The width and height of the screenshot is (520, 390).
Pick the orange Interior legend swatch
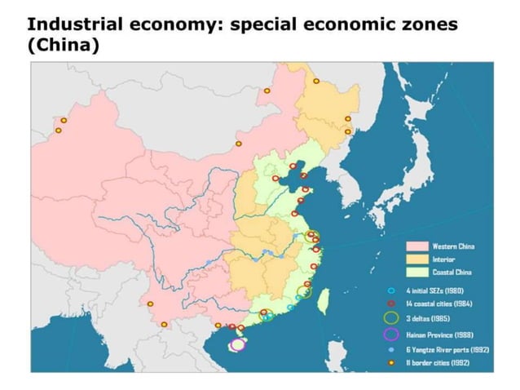pyautogui.click(x=417, y=259)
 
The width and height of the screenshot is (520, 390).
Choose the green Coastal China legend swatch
pyautogui.click(x=417, y=271)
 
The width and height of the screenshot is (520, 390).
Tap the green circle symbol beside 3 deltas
pyautogui.click(x=390, y=317)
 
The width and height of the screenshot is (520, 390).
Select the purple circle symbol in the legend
pyautogui.click(x=390, y=333)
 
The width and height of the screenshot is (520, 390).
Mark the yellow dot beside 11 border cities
pyautogui.click(x=390, y=361)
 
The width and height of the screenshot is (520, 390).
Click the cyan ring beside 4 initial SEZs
pyautogui.click(x=390, y=290)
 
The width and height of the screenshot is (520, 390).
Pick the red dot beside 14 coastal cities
pyautogui.click(x=390, y=303)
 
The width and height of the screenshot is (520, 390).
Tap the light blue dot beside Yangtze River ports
pyautogui.click(x=390, y=348)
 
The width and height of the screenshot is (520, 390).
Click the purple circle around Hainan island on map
pyautogui.click(x=236, y=345)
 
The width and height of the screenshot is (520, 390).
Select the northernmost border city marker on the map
pyautogui.click(x=316, y=81)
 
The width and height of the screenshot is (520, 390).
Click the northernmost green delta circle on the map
pyautogui.click(x=311, y=237)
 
